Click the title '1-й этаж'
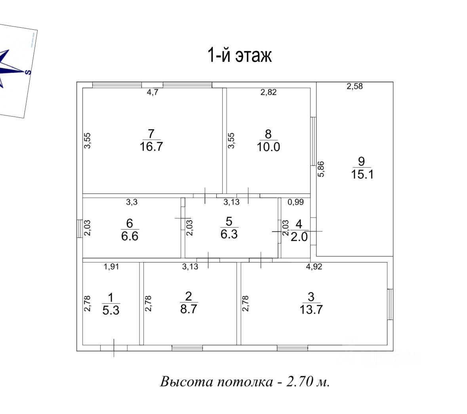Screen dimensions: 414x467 coord(240,56)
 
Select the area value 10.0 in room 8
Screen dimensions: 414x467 coord(268,147)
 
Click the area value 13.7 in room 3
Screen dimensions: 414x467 coord(311,310)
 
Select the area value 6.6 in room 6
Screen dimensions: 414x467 coord(130,236)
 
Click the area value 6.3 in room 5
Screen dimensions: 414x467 coord(229,234)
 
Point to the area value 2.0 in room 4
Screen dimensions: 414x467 coord(299,237)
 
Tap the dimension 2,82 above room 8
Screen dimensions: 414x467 coord(268,92)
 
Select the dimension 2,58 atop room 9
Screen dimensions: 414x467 coord(355,86)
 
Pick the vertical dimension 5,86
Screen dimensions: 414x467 coord(321,169)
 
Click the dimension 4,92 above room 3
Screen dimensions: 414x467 coord(314,267)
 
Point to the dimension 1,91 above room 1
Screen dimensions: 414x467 coord(111,267)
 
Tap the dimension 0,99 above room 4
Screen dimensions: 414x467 coord(295,202)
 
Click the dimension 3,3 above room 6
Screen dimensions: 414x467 coord(132,202)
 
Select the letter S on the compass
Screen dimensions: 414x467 coord(28,72)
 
